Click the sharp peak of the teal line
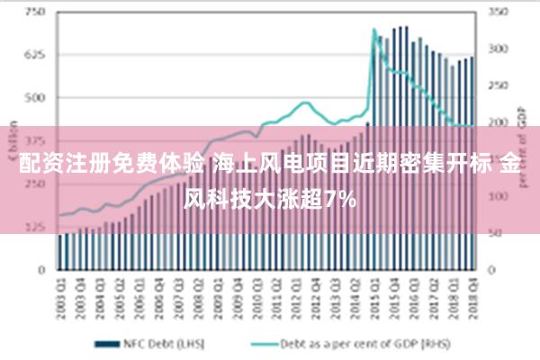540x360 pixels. pos(374,30)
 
